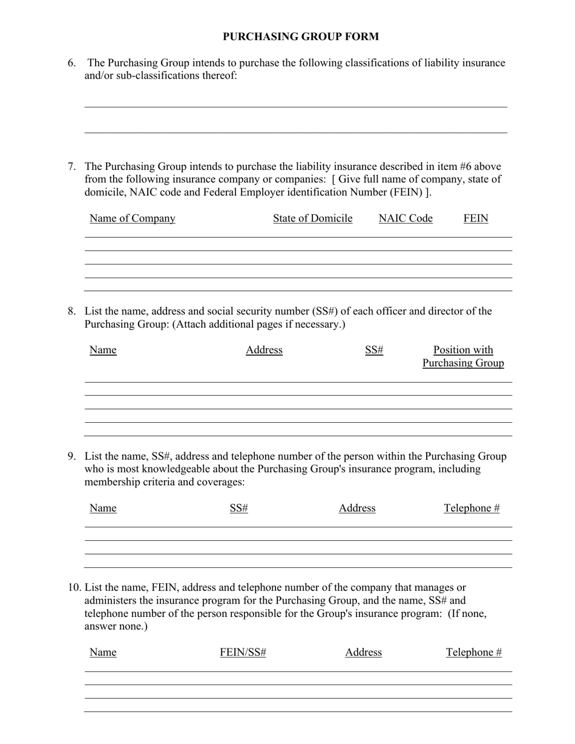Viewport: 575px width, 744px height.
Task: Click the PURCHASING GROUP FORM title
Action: (301, 37)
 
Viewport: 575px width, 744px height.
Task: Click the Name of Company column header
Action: (132, 218)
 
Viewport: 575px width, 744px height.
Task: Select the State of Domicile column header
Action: (312, 218)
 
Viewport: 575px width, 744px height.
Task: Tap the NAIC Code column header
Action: (406, 218)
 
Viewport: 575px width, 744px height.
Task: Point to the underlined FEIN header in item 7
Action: (476, 218)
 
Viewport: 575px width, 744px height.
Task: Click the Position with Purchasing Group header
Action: (463, 356)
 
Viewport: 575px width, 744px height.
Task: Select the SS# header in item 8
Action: (374, 350)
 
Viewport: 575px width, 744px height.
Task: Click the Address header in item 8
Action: (264, 350)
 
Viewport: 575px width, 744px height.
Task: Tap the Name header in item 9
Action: (103, 508)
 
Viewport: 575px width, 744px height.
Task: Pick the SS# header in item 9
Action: (239, 508)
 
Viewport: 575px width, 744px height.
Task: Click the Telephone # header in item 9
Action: (471, 508)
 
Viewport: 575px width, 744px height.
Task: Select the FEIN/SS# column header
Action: (243, 652)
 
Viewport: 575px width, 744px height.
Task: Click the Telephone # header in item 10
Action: (474, 652)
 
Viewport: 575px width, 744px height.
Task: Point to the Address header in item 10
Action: (363, 652)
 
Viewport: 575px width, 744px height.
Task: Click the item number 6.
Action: (71, 63)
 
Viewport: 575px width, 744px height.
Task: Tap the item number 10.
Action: (74, 587)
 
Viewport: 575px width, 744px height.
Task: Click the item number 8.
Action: (71, 312)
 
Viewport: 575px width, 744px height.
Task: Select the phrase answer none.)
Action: (116, 626)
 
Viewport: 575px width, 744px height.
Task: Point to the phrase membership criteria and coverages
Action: (165, 482)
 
